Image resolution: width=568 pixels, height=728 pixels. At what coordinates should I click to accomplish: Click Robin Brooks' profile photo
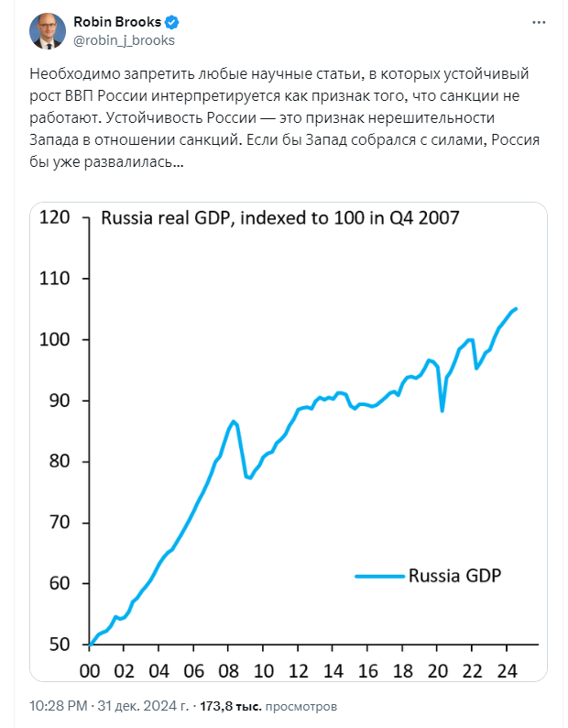coord(47,30)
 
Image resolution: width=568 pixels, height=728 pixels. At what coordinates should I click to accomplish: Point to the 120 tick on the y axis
coord(55,217)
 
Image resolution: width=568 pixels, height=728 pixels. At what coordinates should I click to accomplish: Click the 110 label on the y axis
coord(55,279)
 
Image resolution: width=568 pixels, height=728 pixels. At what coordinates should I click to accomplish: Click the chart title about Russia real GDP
coord(279,218)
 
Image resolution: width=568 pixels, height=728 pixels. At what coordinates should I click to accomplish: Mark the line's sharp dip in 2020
coord(442,410)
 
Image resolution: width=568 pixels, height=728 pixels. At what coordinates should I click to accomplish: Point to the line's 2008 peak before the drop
coord(235,421)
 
